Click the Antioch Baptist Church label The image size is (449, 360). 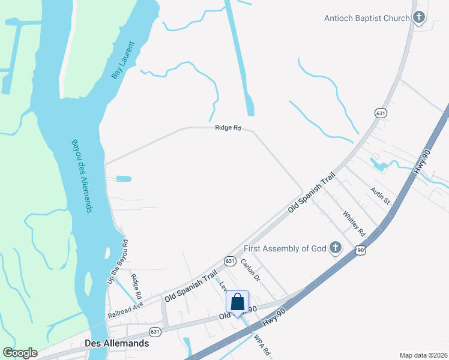click(367, 18)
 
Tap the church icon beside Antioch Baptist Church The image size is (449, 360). click(419, 18)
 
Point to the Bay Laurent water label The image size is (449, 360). click(124, 61)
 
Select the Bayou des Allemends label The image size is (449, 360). click(81, 176)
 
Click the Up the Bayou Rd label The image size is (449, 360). click(118, 262)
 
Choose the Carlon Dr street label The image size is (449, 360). click(250, 270)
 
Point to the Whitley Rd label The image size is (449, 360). click(354, 223)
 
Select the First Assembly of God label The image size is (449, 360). click(285, 248)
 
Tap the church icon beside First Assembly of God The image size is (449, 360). click(336, 247)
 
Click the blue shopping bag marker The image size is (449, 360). click(238, 302)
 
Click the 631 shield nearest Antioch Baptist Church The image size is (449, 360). click(380, 113)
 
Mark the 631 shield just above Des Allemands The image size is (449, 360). click(155, 332)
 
